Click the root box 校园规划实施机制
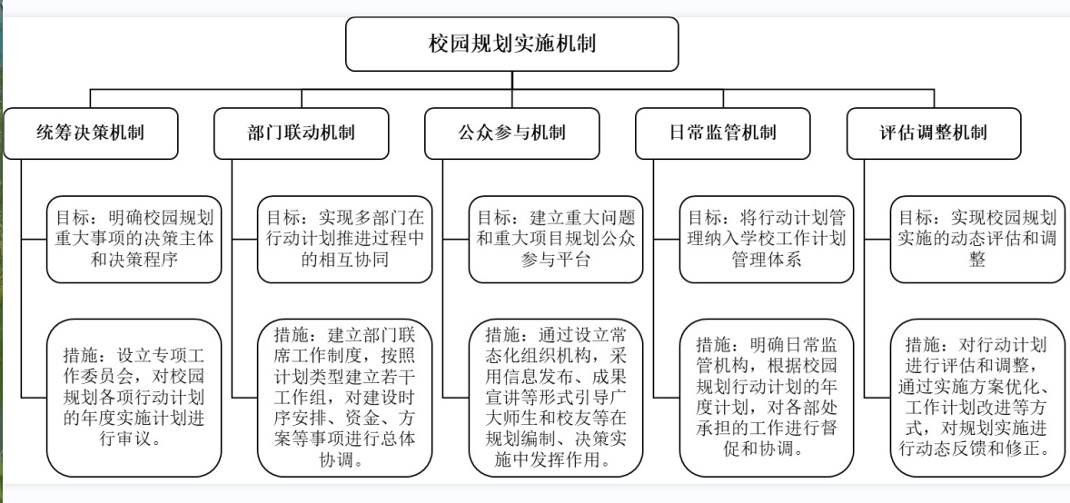511,43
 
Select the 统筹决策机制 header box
90,133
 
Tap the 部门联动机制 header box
301,133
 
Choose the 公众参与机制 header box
511,133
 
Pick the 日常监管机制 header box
722,133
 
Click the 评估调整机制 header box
933,133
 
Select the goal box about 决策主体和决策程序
134,240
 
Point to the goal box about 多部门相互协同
344,240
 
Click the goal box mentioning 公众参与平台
555,240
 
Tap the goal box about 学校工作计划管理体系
766,240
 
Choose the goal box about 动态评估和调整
976,240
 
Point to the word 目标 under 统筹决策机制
71,219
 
